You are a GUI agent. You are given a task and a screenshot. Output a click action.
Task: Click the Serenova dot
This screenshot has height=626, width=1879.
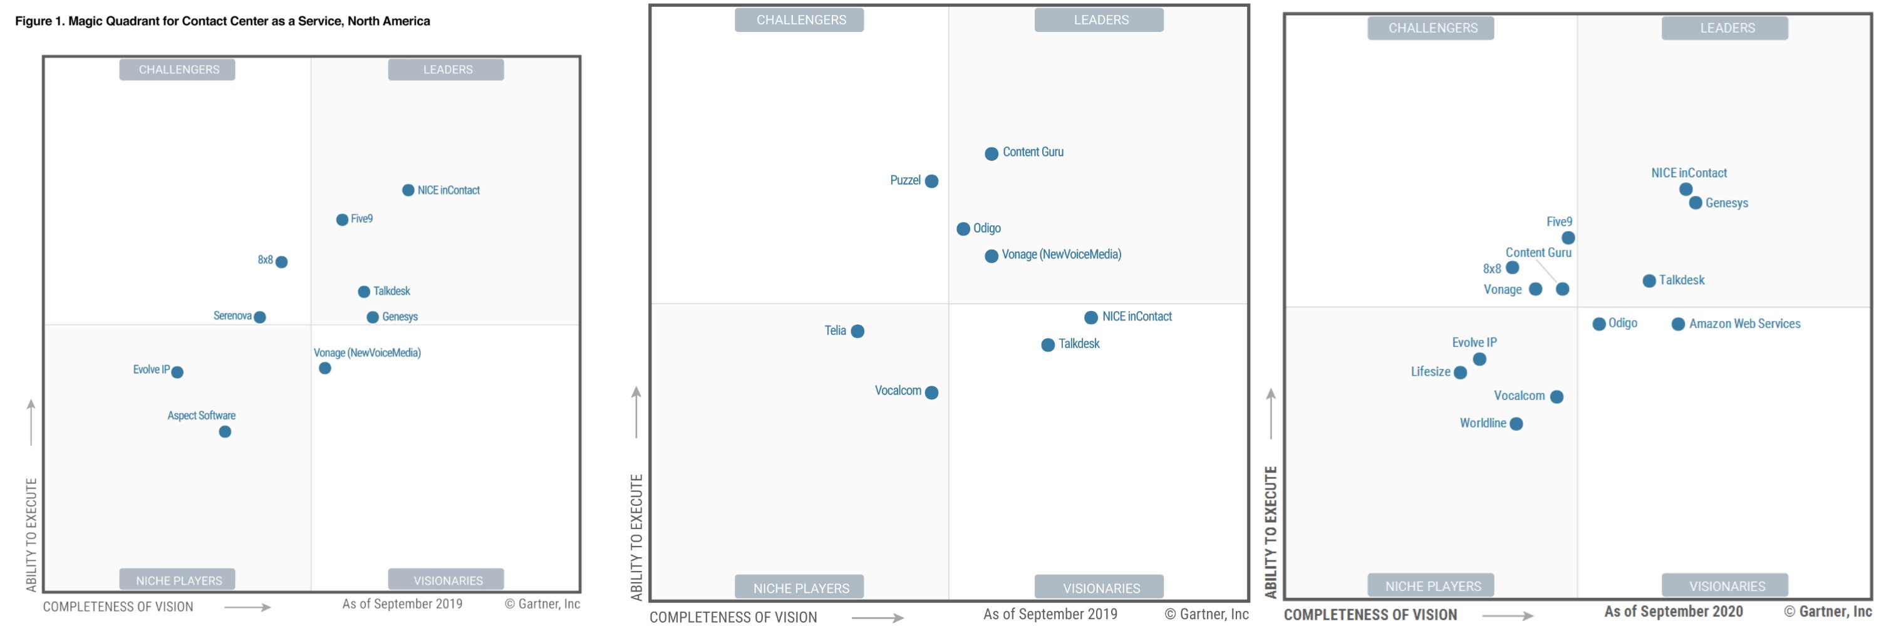(260, 317)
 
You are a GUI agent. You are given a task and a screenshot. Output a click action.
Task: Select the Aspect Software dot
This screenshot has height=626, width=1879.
(225, 432)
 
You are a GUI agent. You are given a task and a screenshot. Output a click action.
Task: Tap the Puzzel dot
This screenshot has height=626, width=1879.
(931, 182)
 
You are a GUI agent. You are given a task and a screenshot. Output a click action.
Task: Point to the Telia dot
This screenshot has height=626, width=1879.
(858, 332)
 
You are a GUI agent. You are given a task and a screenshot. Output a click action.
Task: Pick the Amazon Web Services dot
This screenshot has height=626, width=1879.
(1679, 324)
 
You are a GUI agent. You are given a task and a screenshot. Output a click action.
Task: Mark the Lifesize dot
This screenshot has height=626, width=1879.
(1461, 373)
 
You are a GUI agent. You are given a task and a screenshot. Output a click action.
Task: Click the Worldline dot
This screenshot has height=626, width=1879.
(1516, 424)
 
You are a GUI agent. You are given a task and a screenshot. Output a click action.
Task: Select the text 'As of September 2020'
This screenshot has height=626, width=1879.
(1674, 612)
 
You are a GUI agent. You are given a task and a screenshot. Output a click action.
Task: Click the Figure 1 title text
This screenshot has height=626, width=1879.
(222, 21)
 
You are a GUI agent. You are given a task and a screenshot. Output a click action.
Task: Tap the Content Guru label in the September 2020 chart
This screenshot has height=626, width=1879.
(1538, 253)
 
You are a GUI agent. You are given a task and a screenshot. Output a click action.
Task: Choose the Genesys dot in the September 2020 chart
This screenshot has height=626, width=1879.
(1696, 203)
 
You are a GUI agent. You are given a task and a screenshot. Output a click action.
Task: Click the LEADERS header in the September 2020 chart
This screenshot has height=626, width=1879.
(1727, 28)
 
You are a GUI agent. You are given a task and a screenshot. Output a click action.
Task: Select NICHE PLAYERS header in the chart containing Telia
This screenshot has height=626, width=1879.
(801, 588)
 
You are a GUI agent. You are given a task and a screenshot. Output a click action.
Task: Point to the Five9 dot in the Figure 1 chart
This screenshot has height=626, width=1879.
(342, 220)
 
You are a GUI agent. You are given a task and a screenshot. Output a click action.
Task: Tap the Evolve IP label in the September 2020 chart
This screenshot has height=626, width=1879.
(1474, 342)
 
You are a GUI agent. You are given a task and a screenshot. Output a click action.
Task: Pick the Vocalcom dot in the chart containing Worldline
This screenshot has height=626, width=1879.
(1556, 397)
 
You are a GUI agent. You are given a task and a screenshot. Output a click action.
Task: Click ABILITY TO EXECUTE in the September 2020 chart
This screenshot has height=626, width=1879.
(1271, 532)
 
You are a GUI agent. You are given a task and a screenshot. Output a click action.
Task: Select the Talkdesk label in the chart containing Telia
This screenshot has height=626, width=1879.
(1079, 344)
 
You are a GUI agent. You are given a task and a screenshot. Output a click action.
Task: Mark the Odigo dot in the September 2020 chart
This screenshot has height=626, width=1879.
(1599, 324)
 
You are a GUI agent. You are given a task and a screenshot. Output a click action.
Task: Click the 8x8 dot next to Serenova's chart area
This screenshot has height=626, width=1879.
(282, 262)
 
